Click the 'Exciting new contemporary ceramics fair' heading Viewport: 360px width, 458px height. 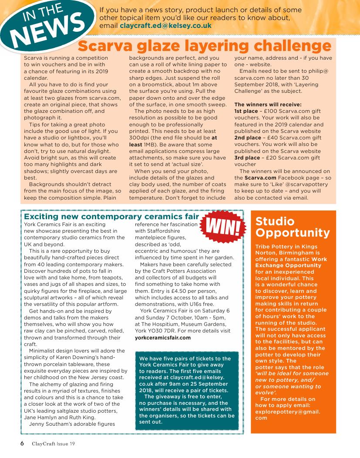tap(112, 217)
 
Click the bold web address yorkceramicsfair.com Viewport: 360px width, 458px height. tap(162, 337)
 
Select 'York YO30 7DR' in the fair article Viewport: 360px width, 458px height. tap(154, 331)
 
